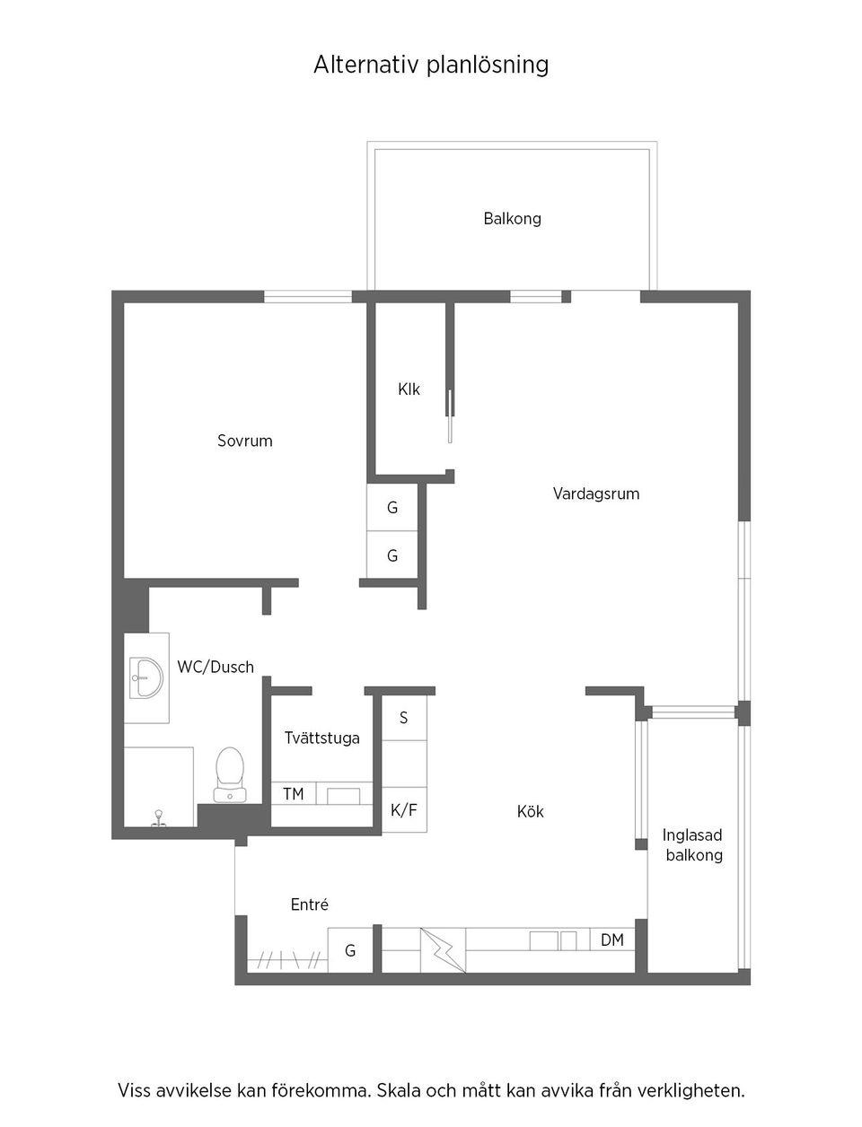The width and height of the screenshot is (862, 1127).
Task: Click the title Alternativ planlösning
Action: (x=431, y=65)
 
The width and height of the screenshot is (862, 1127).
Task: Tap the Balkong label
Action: (x=512, y=218)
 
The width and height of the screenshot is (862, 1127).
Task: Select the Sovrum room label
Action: (x=244, y=441)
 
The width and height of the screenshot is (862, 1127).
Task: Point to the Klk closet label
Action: (x=409, y=389)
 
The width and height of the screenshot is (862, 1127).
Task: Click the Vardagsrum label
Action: (x=596, y=494)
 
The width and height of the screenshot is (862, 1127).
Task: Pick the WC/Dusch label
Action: (x=215, y=667)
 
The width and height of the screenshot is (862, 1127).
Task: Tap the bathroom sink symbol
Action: (x=145, y=677)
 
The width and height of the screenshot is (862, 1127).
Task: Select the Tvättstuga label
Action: (x=321, y=738)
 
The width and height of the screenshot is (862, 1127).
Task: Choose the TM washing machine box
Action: (x=293, y=794)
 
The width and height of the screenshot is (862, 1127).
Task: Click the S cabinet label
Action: (x=404, y=718)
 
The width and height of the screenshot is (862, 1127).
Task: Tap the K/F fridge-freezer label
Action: (x=404, y=810)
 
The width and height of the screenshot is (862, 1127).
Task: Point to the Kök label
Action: (x=530, y=811)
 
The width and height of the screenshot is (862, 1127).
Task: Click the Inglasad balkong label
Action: (x=693, y=844)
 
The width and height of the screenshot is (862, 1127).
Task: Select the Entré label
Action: (x=310, y=904)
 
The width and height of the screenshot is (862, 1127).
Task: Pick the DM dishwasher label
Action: (x=612, y=940)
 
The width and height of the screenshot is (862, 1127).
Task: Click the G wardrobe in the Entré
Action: (x=350, y=950)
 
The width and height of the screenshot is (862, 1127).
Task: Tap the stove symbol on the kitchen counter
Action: (x=444, y=950)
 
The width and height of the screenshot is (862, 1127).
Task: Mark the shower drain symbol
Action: (x=158, y=817)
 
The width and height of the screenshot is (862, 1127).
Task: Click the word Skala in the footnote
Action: (x=400, y=1091)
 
